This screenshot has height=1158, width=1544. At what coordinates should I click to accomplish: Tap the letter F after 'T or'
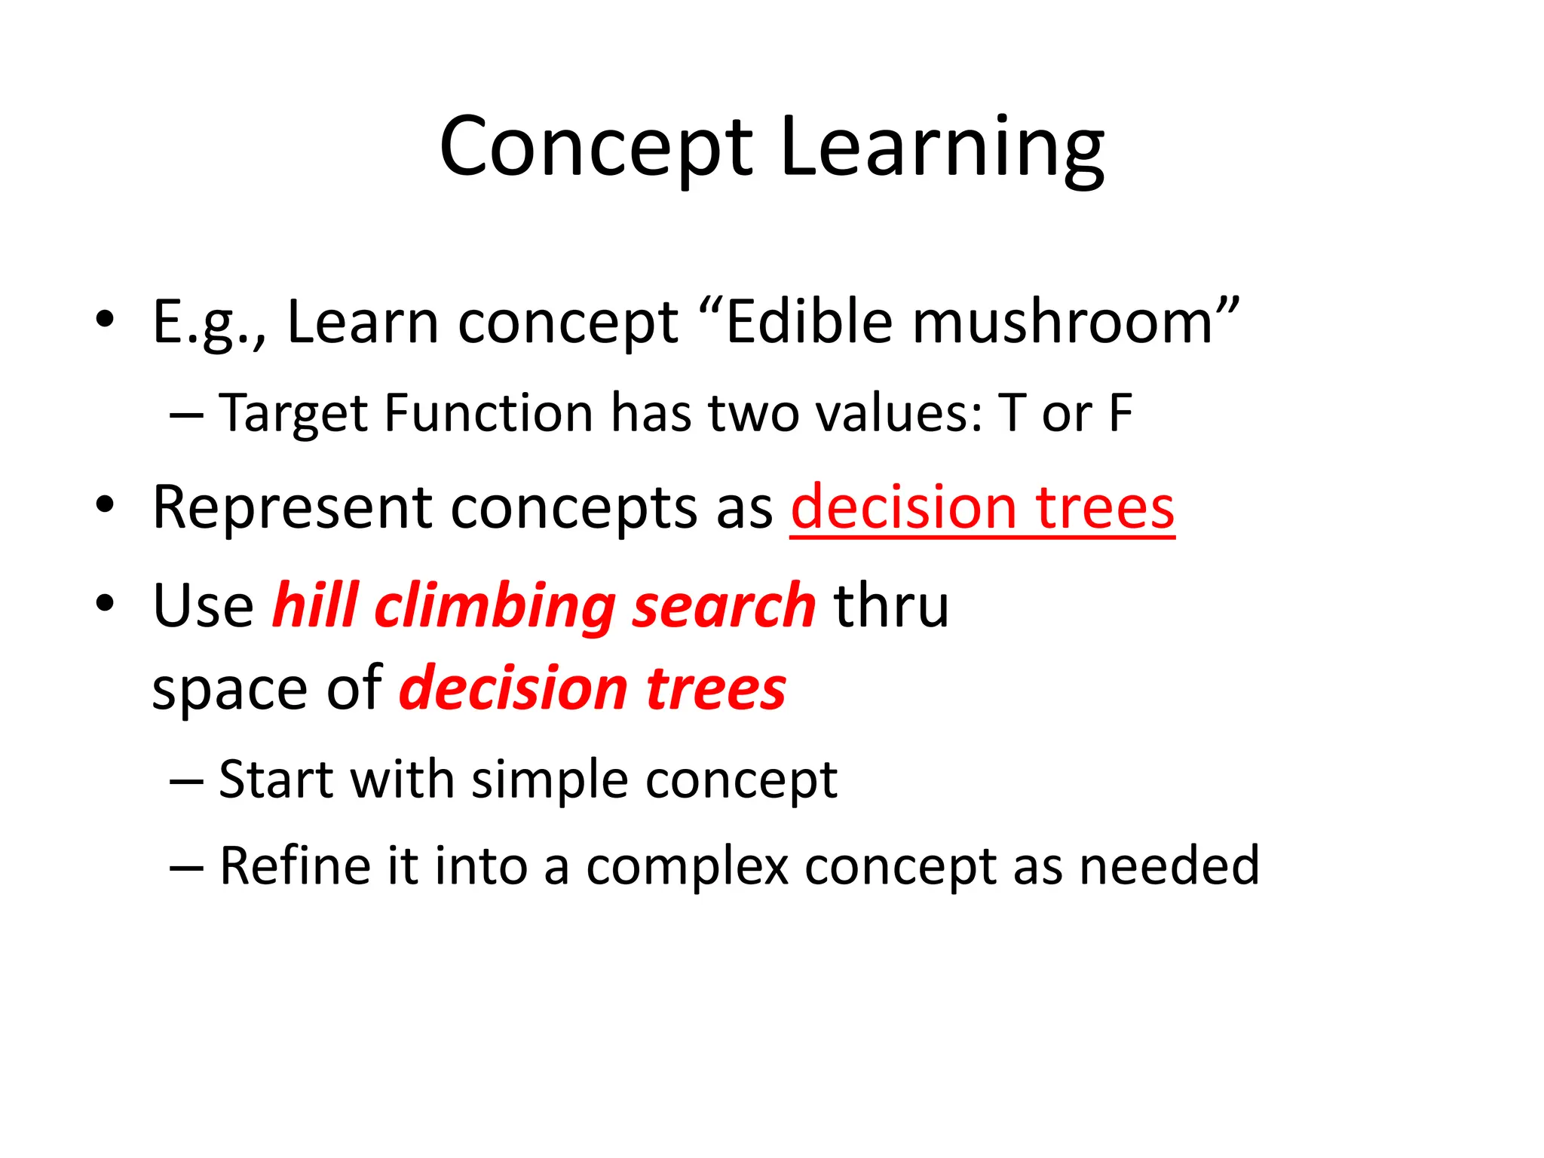pos(1120,414)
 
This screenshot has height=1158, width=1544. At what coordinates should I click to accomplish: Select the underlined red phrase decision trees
pos(982,508)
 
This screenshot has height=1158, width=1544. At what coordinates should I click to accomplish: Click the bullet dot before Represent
pos(105,504)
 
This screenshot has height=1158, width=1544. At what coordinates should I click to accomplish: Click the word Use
pos(203,606)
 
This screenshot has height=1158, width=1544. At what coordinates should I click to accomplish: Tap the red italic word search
pos(724,606)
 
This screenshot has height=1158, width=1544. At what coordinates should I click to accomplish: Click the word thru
pos(891,606)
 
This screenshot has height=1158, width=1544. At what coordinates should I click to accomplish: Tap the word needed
pos(1169,866)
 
